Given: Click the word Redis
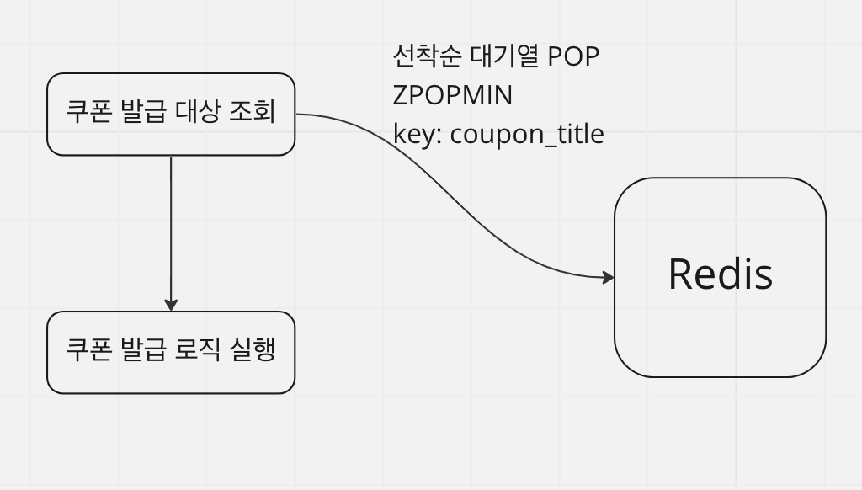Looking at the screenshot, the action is (720, 274).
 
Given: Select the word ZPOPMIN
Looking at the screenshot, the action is (452, 95).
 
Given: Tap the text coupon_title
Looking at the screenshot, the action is (527, 134).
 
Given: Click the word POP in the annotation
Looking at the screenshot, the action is (573, 56).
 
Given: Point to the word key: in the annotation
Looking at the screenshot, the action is (418, 134).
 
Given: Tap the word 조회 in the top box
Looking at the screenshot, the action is (253, 112).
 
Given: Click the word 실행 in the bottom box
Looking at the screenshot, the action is (253, 349).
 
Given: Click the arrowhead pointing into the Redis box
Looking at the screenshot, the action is (609, 277).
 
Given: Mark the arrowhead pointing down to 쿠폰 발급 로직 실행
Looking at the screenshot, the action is (171, 305).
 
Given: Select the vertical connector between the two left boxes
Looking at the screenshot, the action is (171, 227).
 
